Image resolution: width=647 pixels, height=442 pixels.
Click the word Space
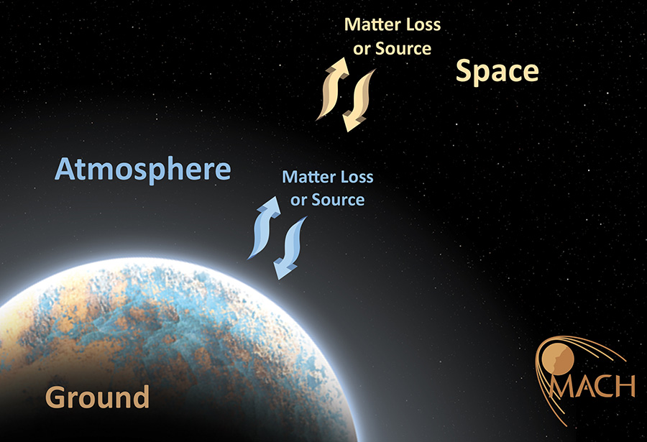[497, 72]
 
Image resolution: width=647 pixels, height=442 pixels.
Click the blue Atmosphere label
[143, 170]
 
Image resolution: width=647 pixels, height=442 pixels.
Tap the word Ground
[97, 397]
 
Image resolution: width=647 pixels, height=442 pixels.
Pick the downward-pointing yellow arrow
[359, 101]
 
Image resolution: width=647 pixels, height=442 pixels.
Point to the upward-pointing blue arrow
[265, 227]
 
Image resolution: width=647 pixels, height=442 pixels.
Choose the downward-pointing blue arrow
[290, 248]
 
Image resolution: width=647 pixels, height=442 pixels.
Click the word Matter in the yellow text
[372, 24]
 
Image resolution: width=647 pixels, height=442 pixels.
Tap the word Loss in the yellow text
[423, 24]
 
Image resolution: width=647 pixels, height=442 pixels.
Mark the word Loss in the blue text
[358, 177]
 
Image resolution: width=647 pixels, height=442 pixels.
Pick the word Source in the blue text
[338, 200]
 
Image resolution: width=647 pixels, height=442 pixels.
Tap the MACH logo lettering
[592, 386]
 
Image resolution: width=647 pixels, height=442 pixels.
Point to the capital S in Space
[464, 70]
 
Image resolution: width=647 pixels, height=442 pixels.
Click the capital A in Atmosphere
[66, 169]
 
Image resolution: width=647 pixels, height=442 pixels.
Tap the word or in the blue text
[298, 201]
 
